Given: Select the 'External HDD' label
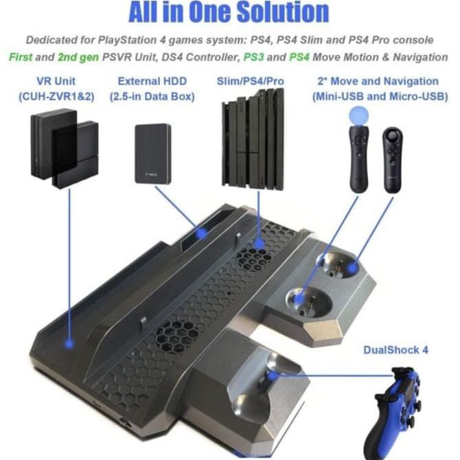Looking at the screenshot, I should [x=152, y=82].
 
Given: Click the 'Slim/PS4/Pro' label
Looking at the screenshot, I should [x=250, y=82].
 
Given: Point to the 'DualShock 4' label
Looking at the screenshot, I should [x=396, y=349].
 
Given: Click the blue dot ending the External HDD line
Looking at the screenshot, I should [x=200, y=234].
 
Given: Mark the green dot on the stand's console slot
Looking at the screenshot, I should [x=259, y=242].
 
